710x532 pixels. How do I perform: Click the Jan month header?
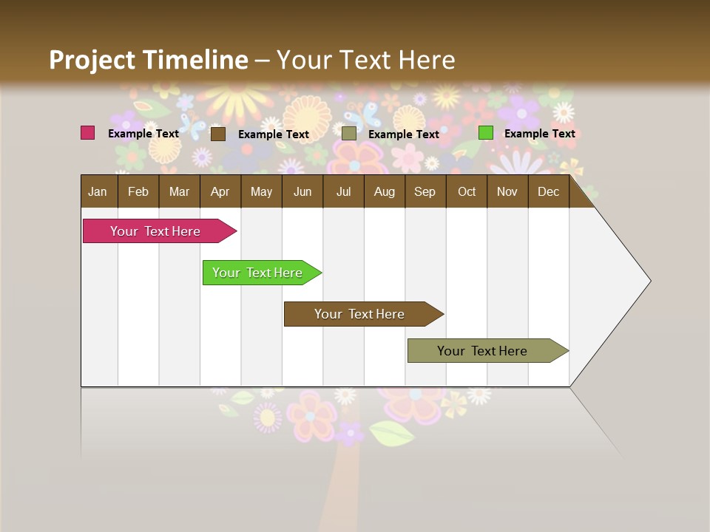click(98, 191)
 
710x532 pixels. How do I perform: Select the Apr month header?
click(220, 191)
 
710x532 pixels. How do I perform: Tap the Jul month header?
click(343, 191)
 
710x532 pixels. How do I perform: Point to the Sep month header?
click(425, 191)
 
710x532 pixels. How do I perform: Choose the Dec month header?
click(548, 191)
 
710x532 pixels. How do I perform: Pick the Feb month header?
click(138, 191)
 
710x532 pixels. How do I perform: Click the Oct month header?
click(467, 191)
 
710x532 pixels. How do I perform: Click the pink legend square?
click(88, 133)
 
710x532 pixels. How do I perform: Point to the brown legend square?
click(217, 134)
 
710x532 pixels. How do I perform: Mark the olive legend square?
click(349, 134)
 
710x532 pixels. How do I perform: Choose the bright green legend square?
click(485, 133)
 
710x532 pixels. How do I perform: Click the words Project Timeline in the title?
click(148, 60)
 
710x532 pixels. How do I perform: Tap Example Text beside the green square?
click(539, 134)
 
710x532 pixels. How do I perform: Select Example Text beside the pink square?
click(143, 134)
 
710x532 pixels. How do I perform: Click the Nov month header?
click(507, 191)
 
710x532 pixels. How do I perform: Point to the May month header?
click(261, 191)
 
